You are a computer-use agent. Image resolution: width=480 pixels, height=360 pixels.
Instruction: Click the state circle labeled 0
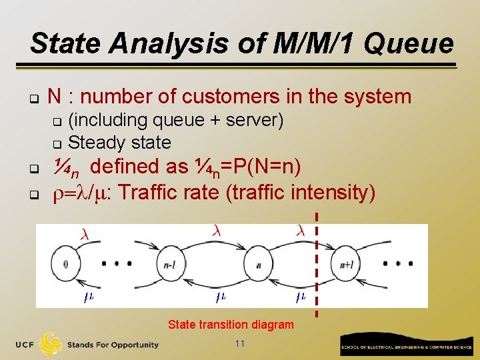[x=65, y=263]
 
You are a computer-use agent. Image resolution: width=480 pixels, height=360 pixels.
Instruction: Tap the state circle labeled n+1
[x=347, y=263]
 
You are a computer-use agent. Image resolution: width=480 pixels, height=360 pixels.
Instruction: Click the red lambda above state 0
[x=84, y=235]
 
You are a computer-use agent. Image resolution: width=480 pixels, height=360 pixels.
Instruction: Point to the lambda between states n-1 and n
[x=216, y=231]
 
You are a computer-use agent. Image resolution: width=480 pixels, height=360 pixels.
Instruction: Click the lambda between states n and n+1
[x=301, y=231]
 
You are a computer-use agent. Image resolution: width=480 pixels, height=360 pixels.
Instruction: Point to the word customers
[x=232, y=97]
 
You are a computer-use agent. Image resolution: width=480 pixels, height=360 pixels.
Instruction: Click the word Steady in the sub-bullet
[x=96, y=143]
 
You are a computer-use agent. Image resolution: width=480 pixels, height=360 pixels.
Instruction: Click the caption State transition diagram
[x=231, y=325]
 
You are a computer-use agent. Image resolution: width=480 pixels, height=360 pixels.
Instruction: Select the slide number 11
[x=241, y=343]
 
